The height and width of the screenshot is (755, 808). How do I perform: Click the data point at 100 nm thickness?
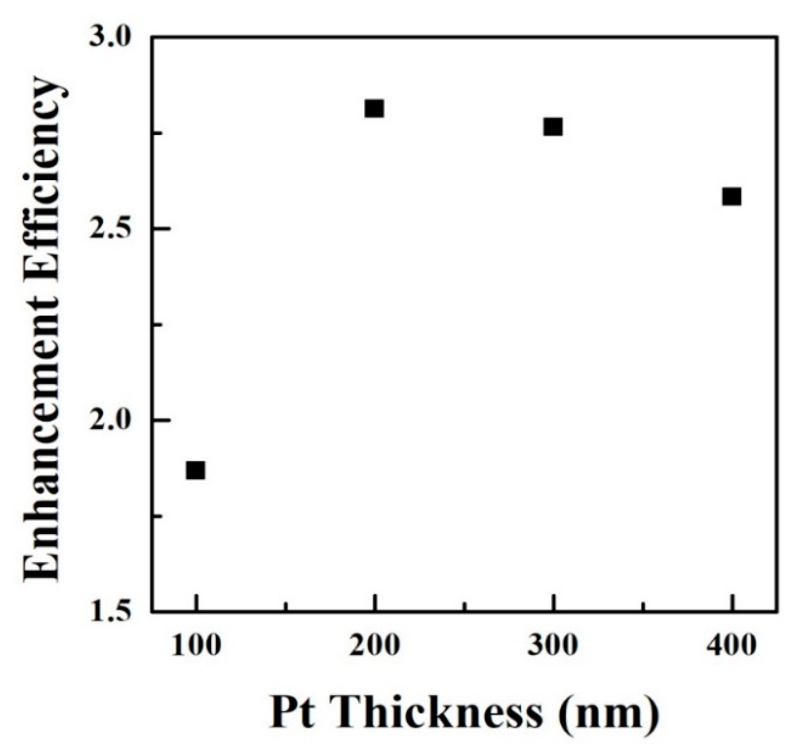pos(196,470)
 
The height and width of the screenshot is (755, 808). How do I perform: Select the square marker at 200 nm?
pos(374,108)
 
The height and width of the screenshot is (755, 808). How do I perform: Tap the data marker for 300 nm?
pos(553,127)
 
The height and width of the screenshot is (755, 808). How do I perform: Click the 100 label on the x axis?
pos(196,647)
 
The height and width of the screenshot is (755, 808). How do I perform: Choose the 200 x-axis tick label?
pos(374,647)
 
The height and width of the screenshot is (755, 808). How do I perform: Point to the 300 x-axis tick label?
pos(553,647)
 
